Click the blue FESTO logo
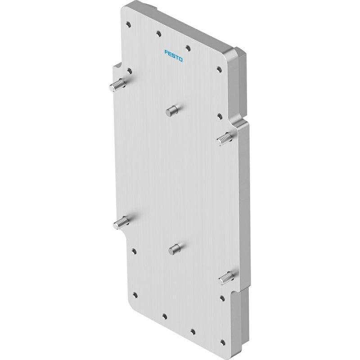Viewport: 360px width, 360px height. pyautogui.click(x=174, y=56)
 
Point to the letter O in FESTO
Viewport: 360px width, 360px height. pyautogui.click(x=180, y=59)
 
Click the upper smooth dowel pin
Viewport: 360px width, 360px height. pyautogui.click(x=172, y=111)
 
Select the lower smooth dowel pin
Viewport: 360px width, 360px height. pyautogui.click(x=175, y=250)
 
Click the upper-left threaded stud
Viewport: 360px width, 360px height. pyautogui.click(x=117, y=85)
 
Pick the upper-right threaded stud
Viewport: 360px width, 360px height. pyautogui.click(x=225, y=139)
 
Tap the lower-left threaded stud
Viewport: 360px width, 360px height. pyautogui.click(x=121, y=223)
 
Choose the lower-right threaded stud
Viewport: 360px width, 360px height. pyautogui.click(x=226, y=278)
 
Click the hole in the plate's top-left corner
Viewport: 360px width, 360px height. pyautogui.click(x=129, y=24)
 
